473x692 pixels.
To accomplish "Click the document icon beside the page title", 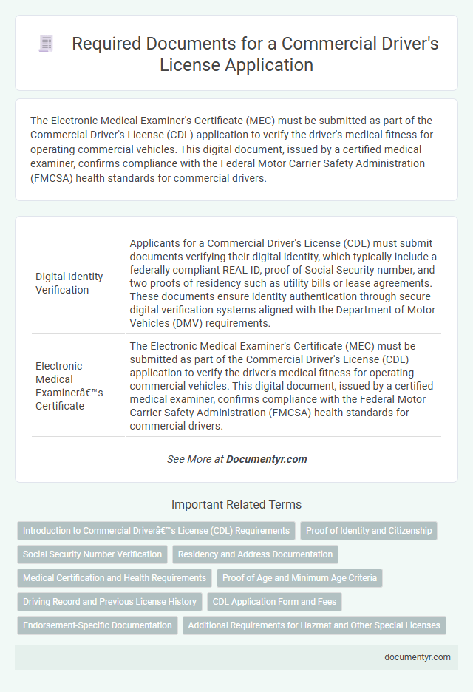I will tap(47, 44).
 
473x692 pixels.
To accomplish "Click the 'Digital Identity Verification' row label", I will tap(69, 283).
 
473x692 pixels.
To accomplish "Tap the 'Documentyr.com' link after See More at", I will tap(266, 459).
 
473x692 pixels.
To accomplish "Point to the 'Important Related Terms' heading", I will tap(236, 505).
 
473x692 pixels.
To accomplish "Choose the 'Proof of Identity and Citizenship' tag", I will tap(369, 531).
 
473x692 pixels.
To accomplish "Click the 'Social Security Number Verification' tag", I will tap(92, 554).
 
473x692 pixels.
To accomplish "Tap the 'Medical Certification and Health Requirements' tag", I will tap(115, 578).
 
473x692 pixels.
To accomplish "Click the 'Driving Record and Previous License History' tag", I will tap(109, 602).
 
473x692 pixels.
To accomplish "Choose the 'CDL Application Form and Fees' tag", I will tap(274, 602).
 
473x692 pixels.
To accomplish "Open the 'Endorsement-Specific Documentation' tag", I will tap(98, 625).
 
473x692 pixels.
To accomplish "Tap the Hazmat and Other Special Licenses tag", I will tap(314, 625).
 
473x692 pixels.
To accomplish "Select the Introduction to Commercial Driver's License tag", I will tap(156, 531).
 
